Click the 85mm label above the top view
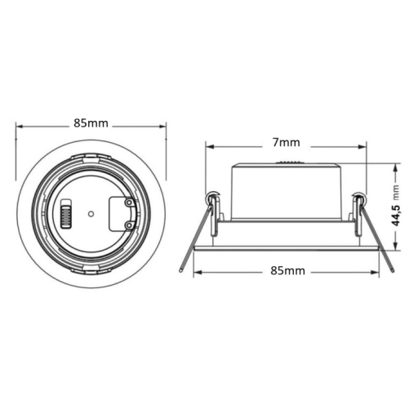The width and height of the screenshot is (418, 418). [91, 123]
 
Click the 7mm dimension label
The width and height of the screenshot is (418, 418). [285, 142]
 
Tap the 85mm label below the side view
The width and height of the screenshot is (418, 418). [285, 270]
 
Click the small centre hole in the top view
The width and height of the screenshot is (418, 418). [91, 216]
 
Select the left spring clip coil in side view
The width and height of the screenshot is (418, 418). [214, 197]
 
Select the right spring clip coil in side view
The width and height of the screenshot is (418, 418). [358, 197]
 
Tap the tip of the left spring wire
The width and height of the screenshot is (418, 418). [180, 270]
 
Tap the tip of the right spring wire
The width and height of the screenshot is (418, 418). [393, 270]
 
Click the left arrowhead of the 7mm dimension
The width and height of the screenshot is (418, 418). [209, 148]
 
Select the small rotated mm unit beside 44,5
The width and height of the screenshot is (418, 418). [396, 193]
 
